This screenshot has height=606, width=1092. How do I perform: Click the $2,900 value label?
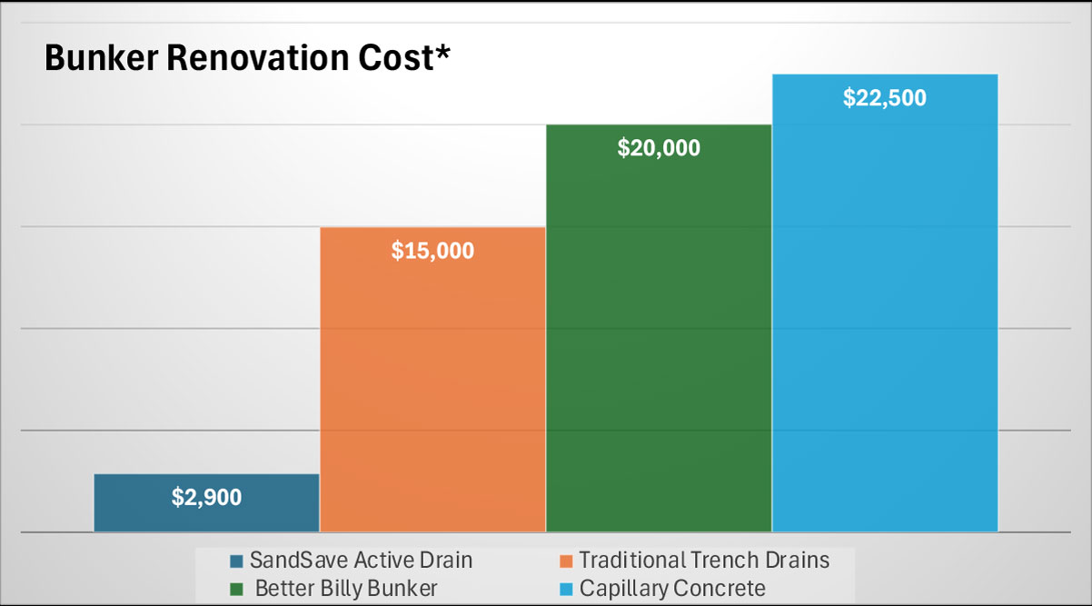click(x=206, y=498)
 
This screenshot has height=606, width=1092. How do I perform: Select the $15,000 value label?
click(x=432, y=251)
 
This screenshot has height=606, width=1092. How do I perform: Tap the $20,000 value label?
click(x=659, y=148)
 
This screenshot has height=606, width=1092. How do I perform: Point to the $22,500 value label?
click(x=884, y=98)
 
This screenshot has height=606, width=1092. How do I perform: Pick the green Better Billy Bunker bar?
click(x=659, y=345)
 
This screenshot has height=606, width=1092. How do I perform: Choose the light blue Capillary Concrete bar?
click(x=884, y=318)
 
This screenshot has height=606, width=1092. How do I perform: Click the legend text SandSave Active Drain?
click(x=361, y=560)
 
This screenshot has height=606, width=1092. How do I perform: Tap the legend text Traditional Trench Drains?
click(x=704, y=560)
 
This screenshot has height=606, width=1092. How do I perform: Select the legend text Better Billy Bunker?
click(x=346, y=588)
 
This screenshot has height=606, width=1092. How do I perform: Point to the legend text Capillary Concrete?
click(x=672, y=588)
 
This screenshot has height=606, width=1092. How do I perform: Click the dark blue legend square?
click(x=237, y=561)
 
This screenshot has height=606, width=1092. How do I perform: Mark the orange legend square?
click(x=567, y=561)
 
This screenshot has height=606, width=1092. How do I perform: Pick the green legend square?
click(x=237, y=589)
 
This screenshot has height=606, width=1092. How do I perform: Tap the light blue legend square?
click(x=567, y=589)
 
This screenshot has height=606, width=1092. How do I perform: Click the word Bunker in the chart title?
click(x=96, y=58)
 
